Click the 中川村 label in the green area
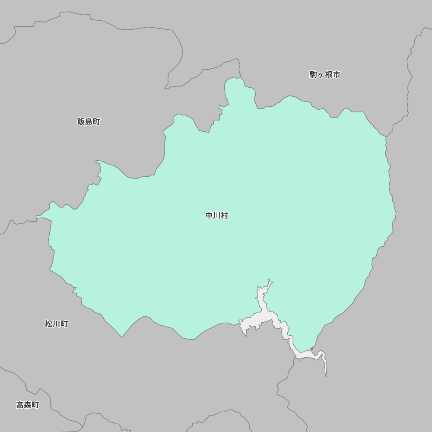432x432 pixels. pyautogui.click(x=216, y=215)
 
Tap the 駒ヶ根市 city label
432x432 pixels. pyautogui.click(x=325, y=74)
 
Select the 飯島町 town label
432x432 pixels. pyautogui.click(x=89, y=122)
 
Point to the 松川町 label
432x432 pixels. pyautogui.click(x=56, y=324)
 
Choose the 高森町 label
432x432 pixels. pyautogui.click(x=28, y=405)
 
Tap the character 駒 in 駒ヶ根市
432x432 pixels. pyautogui.click(x=313, y=74)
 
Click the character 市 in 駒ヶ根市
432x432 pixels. pyautogui.click(x=337, y=74)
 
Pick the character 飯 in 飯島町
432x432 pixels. pyautogui.click(x=81, y=122)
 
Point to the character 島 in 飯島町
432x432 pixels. pyautogui.click(x=89, y=122)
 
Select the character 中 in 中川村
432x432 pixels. pyautogui.click(x=209, y=215)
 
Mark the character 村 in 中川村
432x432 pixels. pyautogui.click(x=224, y=215)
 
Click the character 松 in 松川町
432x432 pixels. pyautogui.click(x=49, y=324)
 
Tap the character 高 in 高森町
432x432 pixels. pyautogui.click(x=20, y=405)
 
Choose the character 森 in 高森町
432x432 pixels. pyautogui.click(x=28, y=405)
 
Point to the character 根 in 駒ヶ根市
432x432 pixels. pyautogui.click(x=329, y=74)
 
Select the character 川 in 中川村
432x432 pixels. pyautogui.click(x=216, y=215)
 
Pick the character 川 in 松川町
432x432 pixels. pyautogui.click(x=56, y=324)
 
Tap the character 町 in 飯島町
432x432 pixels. pyautogui.click(x=96, y=122)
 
